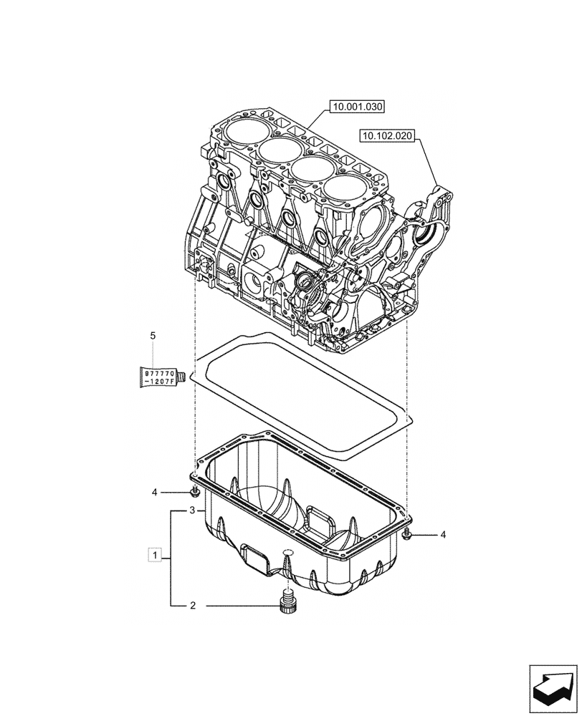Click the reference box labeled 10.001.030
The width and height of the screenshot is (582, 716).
357,107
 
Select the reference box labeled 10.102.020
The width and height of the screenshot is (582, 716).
388,135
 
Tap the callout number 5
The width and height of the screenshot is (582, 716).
152,334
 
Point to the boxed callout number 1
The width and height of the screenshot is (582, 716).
153,554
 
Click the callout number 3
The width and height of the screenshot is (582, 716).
192,511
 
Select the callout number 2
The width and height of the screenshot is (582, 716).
192,606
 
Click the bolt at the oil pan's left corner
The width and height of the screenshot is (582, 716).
194,490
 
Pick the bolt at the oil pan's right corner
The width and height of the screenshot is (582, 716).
406,534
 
